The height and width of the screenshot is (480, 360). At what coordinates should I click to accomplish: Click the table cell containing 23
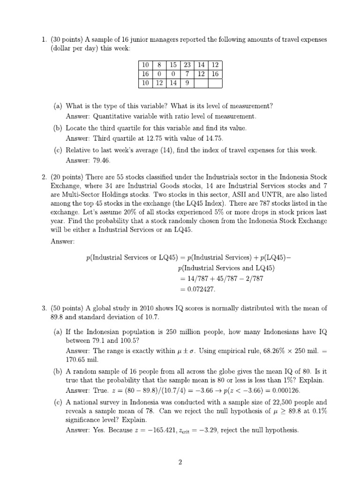pos(187,65)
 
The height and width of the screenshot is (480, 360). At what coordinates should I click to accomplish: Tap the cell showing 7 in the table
pos(187,74)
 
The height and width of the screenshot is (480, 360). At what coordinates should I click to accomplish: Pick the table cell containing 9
pos(187,83)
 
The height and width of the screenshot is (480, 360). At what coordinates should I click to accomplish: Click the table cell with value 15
pos(173,65)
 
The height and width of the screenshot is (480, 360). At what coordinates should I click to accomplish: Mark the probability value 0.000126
pos(284,390)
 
